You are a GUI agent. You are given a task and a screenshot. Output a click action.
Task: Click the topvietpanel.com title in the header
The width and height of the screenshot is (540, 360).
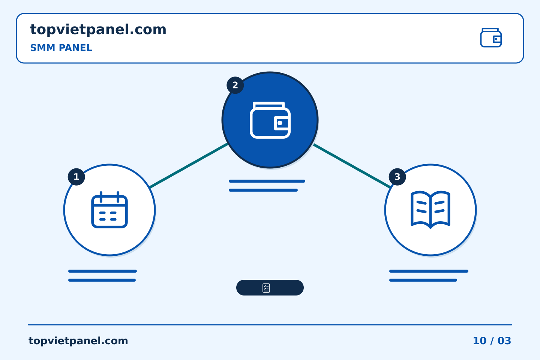tap(98, 30)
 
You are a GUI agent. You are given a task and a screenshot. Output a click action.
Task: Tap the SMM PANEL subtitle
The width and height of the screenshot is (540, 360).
tap(61, 48)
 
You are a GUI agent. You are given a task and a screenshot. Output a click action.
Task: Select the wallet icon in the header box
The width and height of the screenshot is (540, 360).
tap(491, 37)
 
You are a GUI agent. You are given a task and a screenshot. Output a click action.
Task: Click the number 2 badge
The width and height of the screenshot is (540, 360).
tap(235, 85)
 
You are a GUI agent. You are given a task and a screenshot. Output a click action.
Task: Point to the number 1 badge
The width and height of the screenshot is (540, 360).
tap(76, 177)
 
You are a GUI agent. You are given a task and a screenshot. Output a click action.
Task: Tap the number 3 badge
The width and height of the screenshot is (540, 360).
tap(397, 177)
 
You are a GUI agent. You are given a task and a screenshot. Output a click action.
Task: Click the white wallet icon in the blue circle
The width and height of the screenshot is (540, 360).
tap(270, 120)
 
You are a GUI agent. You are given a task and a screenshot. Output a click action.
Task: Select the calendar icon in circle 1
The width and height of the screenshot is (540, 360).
tap(109, 210)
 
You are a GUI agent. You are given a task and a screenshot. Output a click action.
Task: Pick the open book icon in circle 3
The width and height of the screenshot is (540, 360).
tap(430, 210)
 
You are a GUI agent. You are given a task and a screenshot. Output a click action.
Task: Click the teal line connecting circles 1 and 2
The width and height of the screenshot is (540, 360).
tap(189, 165)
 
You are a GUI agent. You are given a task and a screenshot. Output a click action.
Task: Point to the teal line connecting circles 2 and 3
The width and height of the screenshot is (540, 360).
tap(352, 166)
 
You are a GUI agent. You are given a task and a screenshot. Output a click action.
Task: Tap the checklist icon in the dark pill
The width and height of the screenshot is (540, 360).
tap(266, 288)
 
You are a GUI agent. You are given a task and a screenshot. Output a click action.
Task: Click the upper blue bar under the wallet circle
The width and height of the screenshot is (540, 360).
tap(267, 181)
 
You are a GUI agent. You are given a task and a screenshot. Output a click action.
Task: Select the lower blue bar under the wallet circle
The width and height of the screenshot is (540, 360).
tap(263, 190)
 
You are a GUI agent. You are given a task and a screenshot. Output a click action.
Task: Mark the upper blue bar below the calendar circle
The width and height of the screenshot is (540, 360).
tap(102, 271)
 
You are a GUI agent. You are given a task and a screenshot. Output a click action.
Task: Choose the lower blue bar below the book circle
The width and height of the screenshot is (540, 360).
tap(423, 280)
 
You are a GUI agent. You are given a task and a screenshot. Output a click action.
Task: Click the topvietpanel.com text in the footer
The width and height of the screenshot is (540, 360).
tap(78, 341)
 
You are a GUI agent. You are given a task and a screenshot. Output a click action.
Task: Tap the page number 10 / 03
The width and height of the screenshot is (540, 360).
tap(492, 341)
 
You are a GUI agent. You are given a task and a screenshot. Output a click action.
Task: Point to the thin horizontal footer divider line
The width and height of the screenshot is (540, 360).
tap(270, 325)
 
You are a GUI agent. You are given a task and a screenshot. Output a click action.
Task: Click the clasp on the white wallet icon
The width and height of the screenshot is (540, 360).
tap(281, 123)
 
